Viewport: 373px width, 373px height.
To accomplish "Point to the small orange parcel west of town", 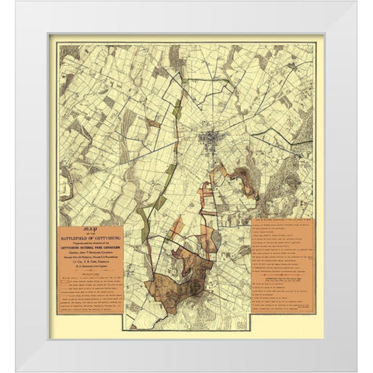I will coord(155,123).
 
